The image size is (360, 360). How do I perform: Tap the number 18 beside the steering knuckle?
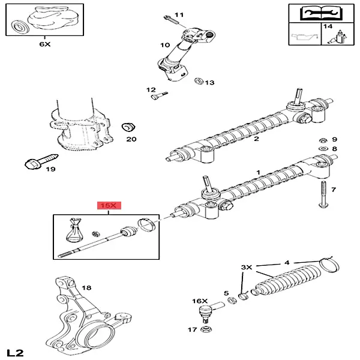(x=86, y=288)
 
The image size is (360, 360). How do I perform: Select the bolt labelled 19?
(x=32, y=162)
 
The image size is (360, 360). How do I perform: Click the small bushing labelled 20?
(x=127, y=127)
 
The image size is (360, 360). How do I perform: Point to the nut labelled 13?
(x=198, y=81)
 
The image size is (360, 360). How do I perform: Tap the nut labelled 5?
(x=231, y=300)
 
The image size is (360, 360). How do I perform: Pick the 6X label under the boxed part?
(x=28, y=44)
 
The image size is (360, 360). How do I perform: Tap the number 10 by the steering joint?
(x=165, y=45)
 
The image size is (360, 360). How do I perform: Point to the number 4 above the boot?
(x=287, y=262)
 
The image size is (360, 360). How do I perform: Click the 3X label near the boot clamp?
(x=247, y=266)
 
